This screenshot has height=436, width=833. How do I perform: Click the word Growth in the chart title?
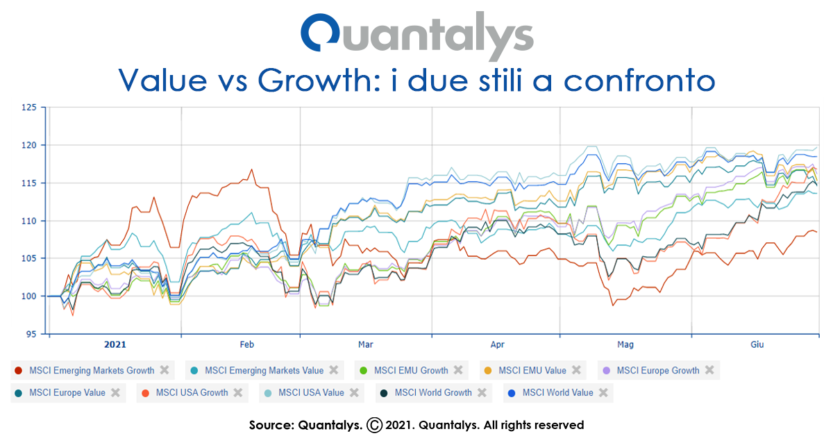(x=313, y=80)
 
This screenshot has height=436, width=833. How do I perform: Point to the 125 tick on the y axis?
(x=28, y=108)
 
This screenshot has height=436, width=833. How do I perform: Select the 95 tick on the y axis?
(x=31, y=334)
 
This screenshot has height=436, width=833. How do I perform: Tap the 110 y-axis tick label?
(x=28, y=221)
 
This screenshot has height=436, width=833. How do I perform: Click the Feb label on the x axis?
(x=247, y=344)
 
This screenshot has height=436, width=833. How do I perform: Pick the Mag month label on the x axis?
(x=625, y=344)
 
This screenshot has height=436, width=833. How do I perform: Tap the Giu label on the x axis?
(x=758, y=344)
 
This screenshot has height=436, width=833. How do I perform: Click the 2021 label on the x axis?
(x=115, y=344)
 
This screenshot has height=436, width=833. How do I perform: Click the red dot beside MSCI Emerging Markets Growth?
(x=19, y=371)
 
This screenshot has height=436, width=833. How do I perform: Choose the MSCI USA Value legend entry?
(x=311, y=393)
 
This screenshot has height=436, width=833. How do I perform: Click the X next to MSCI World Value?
(x=603, y=393)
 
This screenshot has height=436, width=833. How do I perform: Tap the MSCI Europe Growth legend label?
(x=657, y=371)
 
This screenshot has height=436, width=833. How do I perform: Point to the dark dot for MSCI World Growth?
(x=383, y=393)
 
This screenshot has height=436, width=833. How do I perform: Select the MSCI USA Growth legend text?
(x=192, y=393)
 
